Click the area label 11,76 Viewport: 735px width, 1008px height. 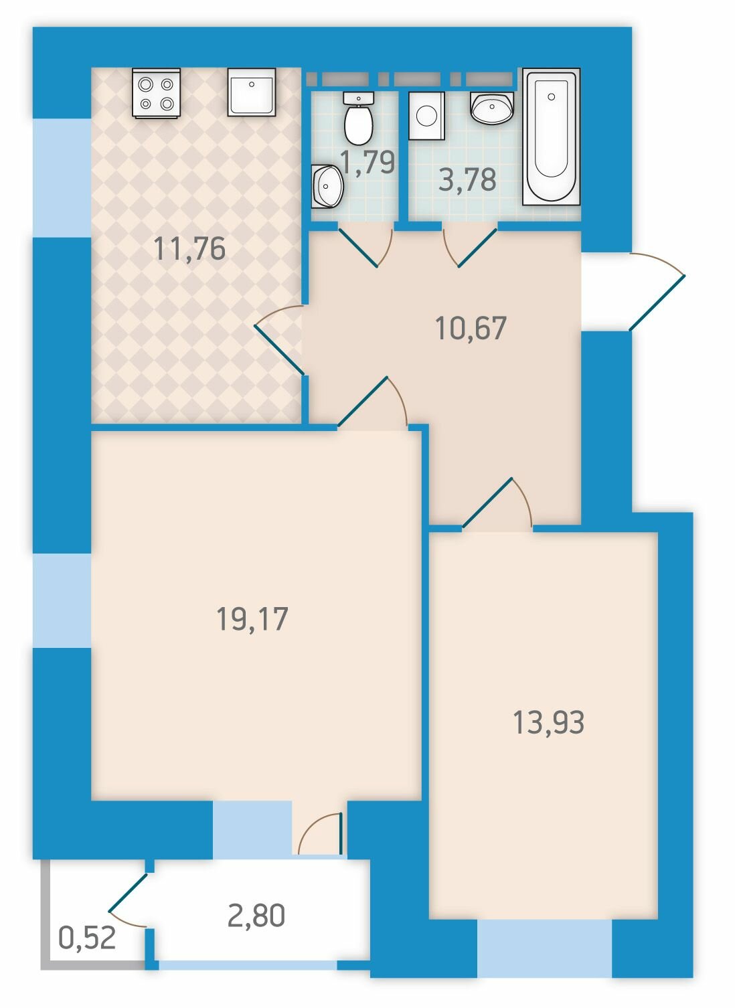pyautogui.click(x=189, y=249)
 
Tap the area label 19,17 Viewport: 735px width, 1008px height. pyautogui.click(x=252, y=619)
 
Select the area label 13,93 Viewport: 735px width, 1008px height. pyautogui.click(x=548, y=723)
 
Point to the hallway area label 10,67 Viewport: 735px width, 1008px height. pyautogui.click(x=471, y=328)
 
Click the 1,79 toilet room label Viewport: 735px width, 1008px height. pyautogui.click(x=368, y=162)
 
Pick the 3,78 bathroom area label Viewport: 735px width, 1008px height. pyautogui.click(x=467, y=179)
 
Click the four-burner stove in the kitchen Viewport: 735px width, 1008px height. pyautogui.click(x=156, y=93)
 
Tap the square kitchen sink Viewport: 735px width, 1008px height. pyautogui.click(x=251, y=92)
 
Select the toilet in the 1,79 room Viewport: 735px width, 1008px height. pyautogui.click(x=358, y=118)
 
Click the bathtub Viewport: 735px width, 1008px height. pyautogui.click(x=551, y=137)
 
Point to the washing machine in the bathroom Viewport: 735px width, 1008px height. pyautogui.click(x=426, y=116)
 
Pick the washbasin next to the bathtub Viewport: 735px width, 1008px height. pyautogui.click(x=491, y=108)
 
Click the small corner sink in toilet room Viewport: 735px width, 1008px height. pyautogui.click(x=327, y=186)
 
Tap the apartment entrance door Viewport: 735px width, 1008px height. pyautogui.click(x=657, y=303)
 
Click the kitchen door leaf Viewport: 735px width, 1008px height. pyautogui.click(x=279, y=349)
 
